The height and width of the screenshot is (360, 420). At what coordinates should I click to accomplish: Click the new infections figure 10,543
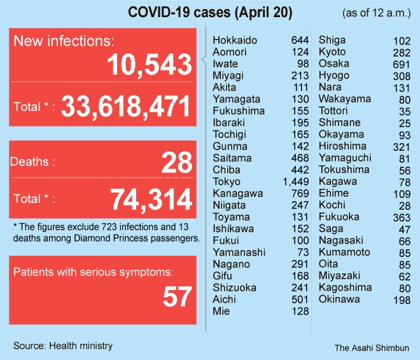[x=150, y=65]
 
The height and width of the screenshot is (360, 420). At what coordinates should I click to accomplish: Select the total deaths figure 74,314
[x=151, y=200]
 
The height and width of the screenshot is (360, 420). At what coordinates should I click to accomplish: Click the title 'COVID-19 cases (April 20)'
[x=210, y=13]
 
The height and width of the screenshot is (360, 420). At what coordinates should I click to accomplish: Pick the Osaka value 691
[x=398, y=64]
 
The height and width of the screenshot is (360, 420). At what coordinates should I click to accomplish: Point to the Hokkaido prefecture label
[x=235, y=41]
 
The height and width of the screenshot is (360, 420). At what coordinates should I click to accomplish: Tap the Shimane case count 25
[x=403, y=123]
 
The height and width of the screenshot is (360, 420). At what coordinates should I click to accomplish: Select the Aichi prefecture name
[x=225, y=300]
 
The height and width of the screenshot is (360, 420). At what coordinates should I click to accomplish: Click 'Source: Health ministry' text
[x=63, y=345]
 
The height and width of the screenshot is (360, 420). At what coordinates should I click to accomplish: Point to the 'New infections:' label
[x=64, y=41]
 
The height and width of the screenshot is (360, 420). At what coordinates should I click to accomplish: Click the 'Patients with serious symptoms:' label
[x=93, y=272]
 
